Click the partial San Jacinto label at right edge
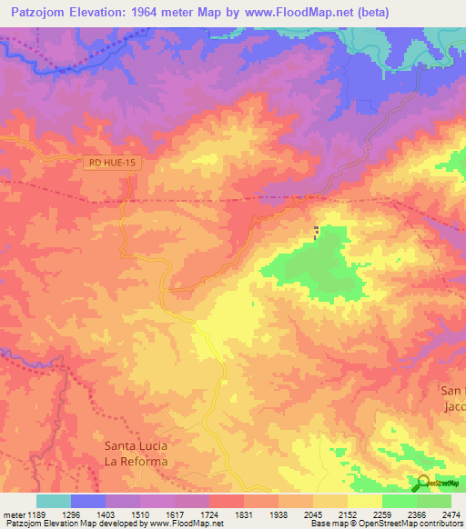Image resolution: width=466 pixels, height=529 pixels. point(452,398)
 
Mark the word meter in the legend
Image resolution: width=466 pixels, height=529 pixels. point(14,514)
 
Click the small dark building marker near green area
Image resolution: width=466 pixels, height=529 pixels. point(317,233)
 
